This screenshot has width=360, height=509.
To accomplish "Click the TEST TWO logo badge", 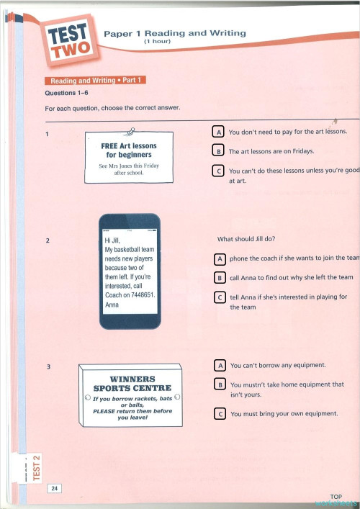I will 70,39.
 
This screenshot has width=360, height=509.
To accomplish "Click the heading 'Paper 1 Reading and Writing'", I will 175,33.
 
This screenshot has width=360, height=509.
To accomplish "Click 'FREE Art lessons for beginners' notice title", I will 128,150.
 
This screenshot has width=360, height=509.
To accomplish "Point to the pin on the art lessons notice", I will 130,130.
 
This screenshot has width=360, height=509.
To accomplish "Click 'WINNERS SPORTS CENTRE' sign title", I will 132,384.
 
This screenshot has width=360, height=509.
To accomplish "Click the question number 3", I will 48,367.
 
